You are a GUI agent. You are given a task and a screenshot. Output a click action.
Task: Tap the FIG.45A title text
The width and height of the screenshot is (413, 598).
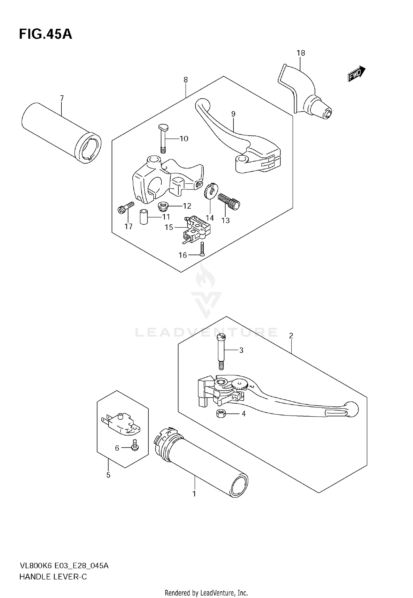pyautogui.click(x=45, y=34)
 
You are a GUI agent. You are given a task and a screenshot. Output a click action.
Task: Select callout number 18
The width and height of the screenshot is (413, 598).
pyautogui.click(x=301, y=53)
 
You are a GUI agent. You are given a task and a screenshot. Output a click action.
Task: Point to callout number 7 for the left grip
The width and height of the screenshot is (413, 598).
pyautogui.click(x=62, y=98)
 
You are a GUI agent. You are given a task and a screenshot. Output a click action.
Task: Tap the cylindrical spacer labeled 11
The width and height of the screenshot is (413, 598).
pyautogui.click(x=144, y=217)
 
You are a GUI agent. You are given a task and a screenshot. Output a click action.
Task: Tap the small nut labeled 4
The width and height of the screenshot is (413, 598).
pyautogui.click(x=221, y=413)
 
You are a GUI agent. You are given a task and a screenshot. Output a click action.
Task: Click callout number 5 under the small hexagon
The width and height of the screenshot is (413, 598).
pyautogui.click(x=108, y=475)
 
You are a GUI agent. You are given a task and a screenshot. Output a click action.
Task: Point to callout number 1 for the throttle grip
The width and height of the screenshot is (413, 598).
pyautogui.click(x=194, y=494)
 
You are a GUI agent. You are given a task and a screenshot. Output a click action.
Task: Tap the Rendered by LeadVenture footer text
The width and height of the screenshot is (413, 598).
pyautogui.click(x=206, y=593)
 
